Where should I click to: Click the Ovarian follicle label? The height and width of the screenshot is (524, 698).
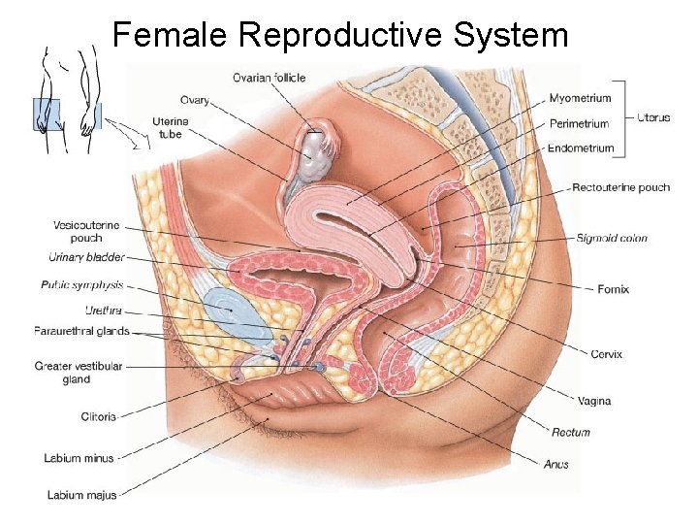click(x=270, y=78)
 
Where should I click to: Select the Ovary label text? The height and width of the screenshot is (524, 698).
click(x=194, y=99)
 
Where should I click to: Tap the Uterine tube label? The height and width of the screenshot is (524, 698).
click(x=170, y=127)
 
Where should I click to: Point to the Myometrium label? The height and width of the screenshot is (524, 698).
click(x=580, y=98)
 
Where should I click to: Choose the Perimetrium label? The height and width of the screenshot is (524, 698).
click(x=579, y=123)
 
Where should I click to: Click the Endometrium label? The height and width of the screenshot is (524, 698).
click(x=581, y=148)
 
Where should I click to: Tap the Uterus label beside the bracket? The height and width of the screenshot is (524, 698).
click(x=652, y=117)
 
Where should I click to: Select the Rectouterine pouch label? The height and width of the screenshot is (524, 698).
click(x=620, y=187)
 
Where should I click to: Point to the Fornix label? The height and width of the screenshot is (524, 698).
click(x=614, y=288)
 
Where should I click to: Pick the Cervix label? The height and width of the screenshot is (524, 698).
click(x=607, y=354)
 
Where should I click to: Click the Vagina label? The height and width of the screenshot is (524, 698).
click(x=593, y=400)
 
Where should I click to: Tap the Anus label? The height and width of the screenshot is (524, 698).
click(x=556, y=465)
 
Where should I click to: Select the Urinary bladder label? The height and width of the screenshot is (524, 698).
click(x=86, y=257)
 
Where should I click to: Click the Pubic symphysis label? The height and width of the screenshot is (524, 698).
click(x=82, y=285)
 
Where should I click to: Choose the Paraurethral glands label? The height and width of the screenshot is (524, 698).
click(x=81, y=331)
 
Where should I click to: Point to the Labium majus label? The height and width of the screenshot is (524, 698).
click(x=82, y=495)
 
